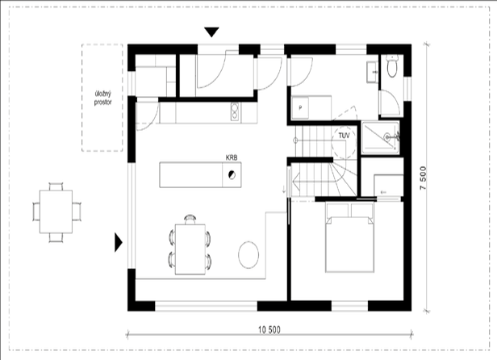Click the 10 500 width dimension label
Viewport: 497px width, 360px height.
tap(269, 330)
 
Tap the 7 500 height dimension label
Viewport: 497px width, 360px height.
tap(423, 178)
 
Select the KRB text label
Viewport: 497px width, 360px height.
tap(232, 157)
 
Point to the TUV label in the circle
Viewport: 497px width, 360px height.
tap(345, 136)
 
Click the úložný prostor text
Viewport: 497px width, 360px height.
tap(102, 98)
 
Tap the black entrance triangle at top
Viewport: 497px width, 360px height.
tap(211, 32)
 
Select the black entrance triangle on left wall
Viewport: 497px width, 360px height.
tap(119, 242)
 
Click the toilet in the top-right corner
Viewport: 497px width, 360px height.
tap(392, 66)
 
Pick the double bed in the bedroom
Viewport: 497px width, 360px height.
tap(349, 238)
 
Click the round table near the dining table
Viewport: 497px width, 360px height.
tap(248, 255)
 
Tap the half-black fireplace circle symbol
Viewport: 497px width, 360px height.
tap(232, 175)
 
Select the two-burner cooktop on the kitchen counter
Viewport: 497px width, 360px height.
tap(235, 112)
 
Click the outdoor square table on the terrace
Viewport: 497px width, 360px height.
tap(56, 211)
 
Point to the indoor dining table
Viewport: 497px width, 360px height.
tap(190, 249)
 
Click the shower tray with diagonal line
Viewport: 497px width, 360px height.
tap(380, 137)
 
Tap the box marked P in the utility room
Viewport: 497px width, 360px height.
tap(300, 108)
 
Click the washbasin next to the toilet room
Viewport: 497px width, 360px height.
tap(373, 72)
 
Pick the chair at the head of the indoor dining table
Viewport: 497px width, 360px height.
tap(190, 220)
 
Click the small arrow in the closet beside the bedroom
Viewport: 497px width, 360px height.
tap(383, 192)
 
